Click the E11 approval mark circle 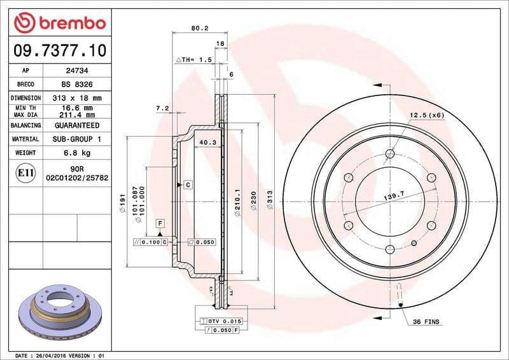point(25,172)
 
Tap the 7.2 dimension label point(162,109)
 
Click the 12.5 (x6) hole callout point(426,115)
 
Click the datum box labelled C point(188,184)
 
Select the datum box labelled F point(160,223)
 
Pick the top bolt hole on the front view point(390,153)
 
